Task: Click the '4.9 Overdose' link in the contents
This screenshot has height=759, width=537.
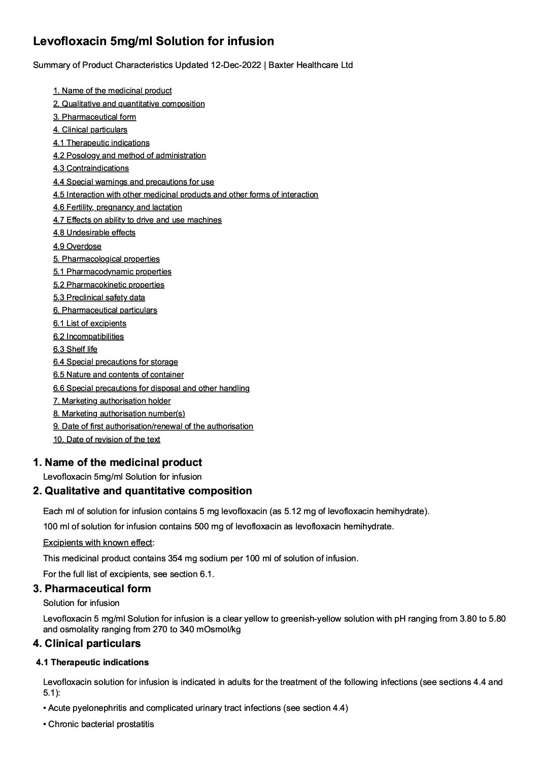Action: (x=77, y=246)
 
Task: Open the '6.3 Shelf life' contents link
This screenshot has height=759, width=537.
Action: (x=75, y=349)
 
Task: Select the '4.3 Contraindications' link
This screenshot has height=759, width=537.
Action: (x=91, y=168)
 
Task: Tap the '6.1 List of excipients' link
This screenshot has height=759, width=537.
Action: (x=89, y=323)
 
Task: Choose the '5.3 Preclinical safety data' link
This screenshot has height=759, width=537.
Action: (x=99, y=298)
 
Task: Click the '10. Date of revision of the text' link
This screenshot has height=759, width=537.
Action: (x=107, y=440)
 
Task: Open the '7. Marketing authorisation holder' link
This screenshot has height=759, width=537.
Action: (x=112, y=401)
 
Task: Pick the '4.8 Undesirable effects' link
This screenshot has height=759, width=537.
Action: (x=94, y=233)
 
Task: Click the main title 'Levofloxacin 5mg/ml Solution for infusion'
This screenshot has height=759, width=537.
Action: (x=153, y=42)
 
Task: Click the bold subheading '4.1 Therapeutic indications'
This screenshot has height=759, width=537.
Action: (x=92, y=662)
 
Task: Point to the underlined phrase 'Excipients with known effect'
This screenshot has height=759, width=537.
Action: (x=97, y=543)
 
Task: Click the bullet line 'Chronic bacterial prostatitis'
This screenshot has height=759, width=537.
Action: (x=100, y=724)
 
